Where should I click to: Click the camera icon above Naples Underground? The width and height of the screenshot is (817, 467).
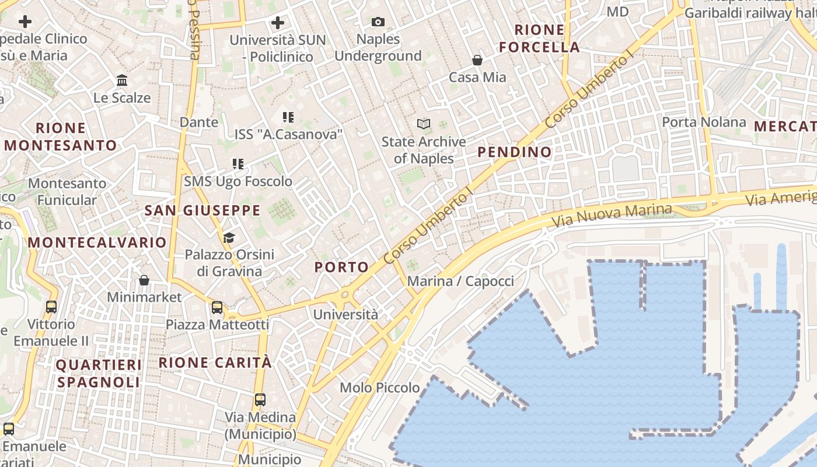coord(378,22)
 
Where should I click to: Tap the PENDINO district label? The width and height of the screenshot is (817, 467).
coord(515,152)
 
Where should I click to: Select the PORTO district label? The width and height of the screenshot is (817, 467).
coord(342,267)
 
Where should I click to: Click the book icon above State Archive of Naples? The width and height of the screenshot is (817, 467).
coord(424,124)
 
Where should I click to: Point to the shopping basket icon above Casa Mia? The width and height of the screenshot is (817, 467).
coord(477,60)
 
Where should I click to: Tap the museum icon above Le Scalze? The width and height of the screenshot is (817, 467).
coord(122,80)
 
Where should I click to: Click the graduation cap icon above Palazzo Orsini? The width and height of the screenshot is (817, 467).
coord(229,238)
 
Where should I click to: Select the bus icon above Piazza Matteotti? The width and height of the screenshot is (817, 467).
coord(217,307)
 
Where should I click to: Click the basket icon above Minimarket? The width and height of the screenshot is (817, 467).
coord(144,280)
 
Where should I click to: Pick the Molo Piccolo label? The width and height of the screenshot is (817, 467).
coord(380,388)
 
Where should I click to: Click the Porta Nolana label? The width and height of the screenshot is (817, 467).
coord(704,122)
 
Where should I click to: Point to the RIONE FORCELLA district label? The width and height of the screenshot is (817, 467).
coord(540,39)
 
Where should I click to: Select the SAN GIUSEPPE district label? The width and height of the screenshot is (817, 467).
coord(202,211)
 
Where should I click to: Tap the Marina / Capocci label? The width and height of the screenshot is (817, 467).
coord(460,281)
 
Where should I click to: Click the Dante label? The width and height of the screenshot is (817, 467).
coord(199,122)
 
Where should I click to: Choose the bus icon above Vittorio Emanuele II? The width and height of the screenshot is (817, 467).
coord(51,306)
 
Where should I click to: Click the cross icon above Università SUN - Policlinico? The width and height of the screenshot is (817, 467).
coord(278,23)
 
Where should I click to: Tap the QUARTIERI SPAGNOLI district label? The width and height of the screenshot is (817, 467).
coord(99,374)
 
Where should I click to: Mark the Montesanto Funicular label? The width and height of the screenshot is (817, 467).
coord(67,191)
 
